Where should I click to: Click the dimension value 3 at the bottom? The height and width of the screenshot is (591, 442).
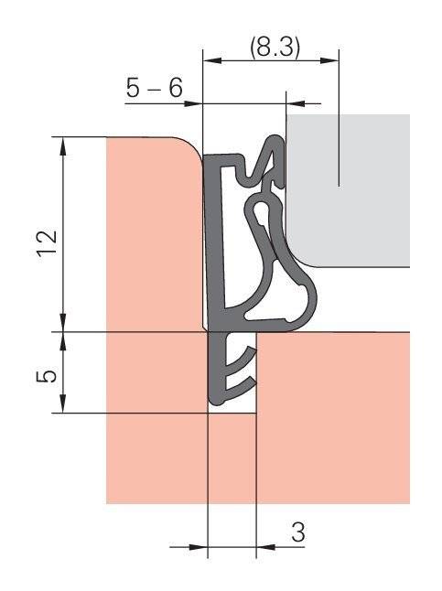click(298, 532)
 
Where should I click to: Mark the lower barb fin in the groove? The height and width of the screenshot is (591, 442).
click(243, 380)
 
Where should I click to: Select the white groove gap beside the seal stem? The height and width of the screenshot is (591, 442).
click(248, 403)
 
